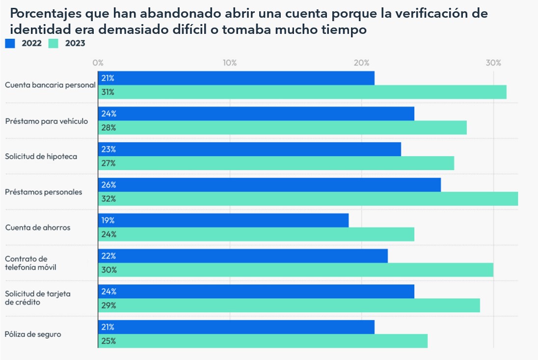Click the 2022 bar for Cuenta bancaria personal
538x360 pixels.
(x=236, y=78)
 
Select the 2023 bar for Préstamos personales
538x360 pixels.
(x=308, y=199)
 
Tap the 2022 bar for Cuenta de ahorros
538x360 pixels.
(x=223, y=221)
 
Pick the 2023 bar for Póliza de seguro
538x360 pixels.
(x=263, y=341)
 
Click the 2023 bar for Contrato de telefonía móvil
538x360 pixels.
(x=296, y=270)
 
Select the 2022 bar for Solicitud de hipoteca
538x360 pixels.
(x=249, y=149)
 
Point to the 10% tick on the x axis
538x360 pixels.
(x=230, y=63)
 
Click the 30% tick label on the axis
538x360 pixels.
(x=493, y=63)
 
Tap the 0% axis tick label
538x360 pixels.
(x=98, y=63)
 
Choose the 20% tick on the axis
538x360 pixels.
(x=362, y=63)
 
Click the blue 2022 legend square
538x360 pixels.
(x=10, y=43)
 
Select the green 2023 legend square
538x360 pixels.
(x=54, y=43)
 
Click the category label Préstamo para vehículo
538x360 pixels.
(x=47, y=121)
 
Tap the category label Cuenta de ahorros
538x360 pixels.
(x=38, y=227)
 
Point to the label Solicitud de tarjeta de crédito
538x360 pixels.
(x=38, y=298)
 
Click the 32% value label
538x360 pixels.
(x=108, y=199)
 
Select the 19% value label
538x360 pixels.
(x=108, y=221)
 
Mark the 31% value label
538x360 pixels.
(x=108, y=92)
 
